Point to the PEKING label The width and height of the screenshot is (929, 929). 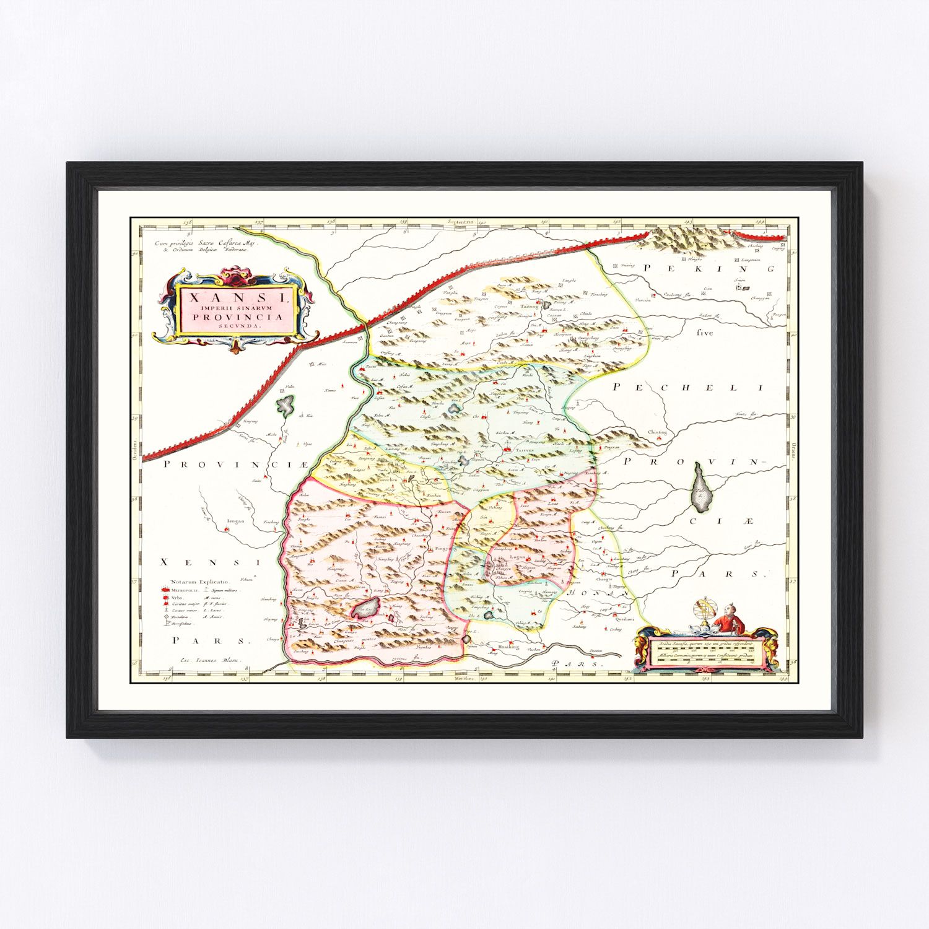[x=709, y=269]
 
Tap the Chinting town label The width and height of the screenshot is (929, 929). [x=657, y=432]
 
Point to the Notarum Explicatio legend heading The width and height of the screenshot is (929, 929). [x=193, y=582]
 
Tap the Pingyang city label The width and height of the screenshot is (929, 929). [x=443, y=549]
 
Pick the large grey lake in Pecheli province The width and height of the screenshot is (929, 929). [x=700, y=489]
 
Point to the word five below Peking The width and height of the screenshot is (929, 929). [x=705, y=333]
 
